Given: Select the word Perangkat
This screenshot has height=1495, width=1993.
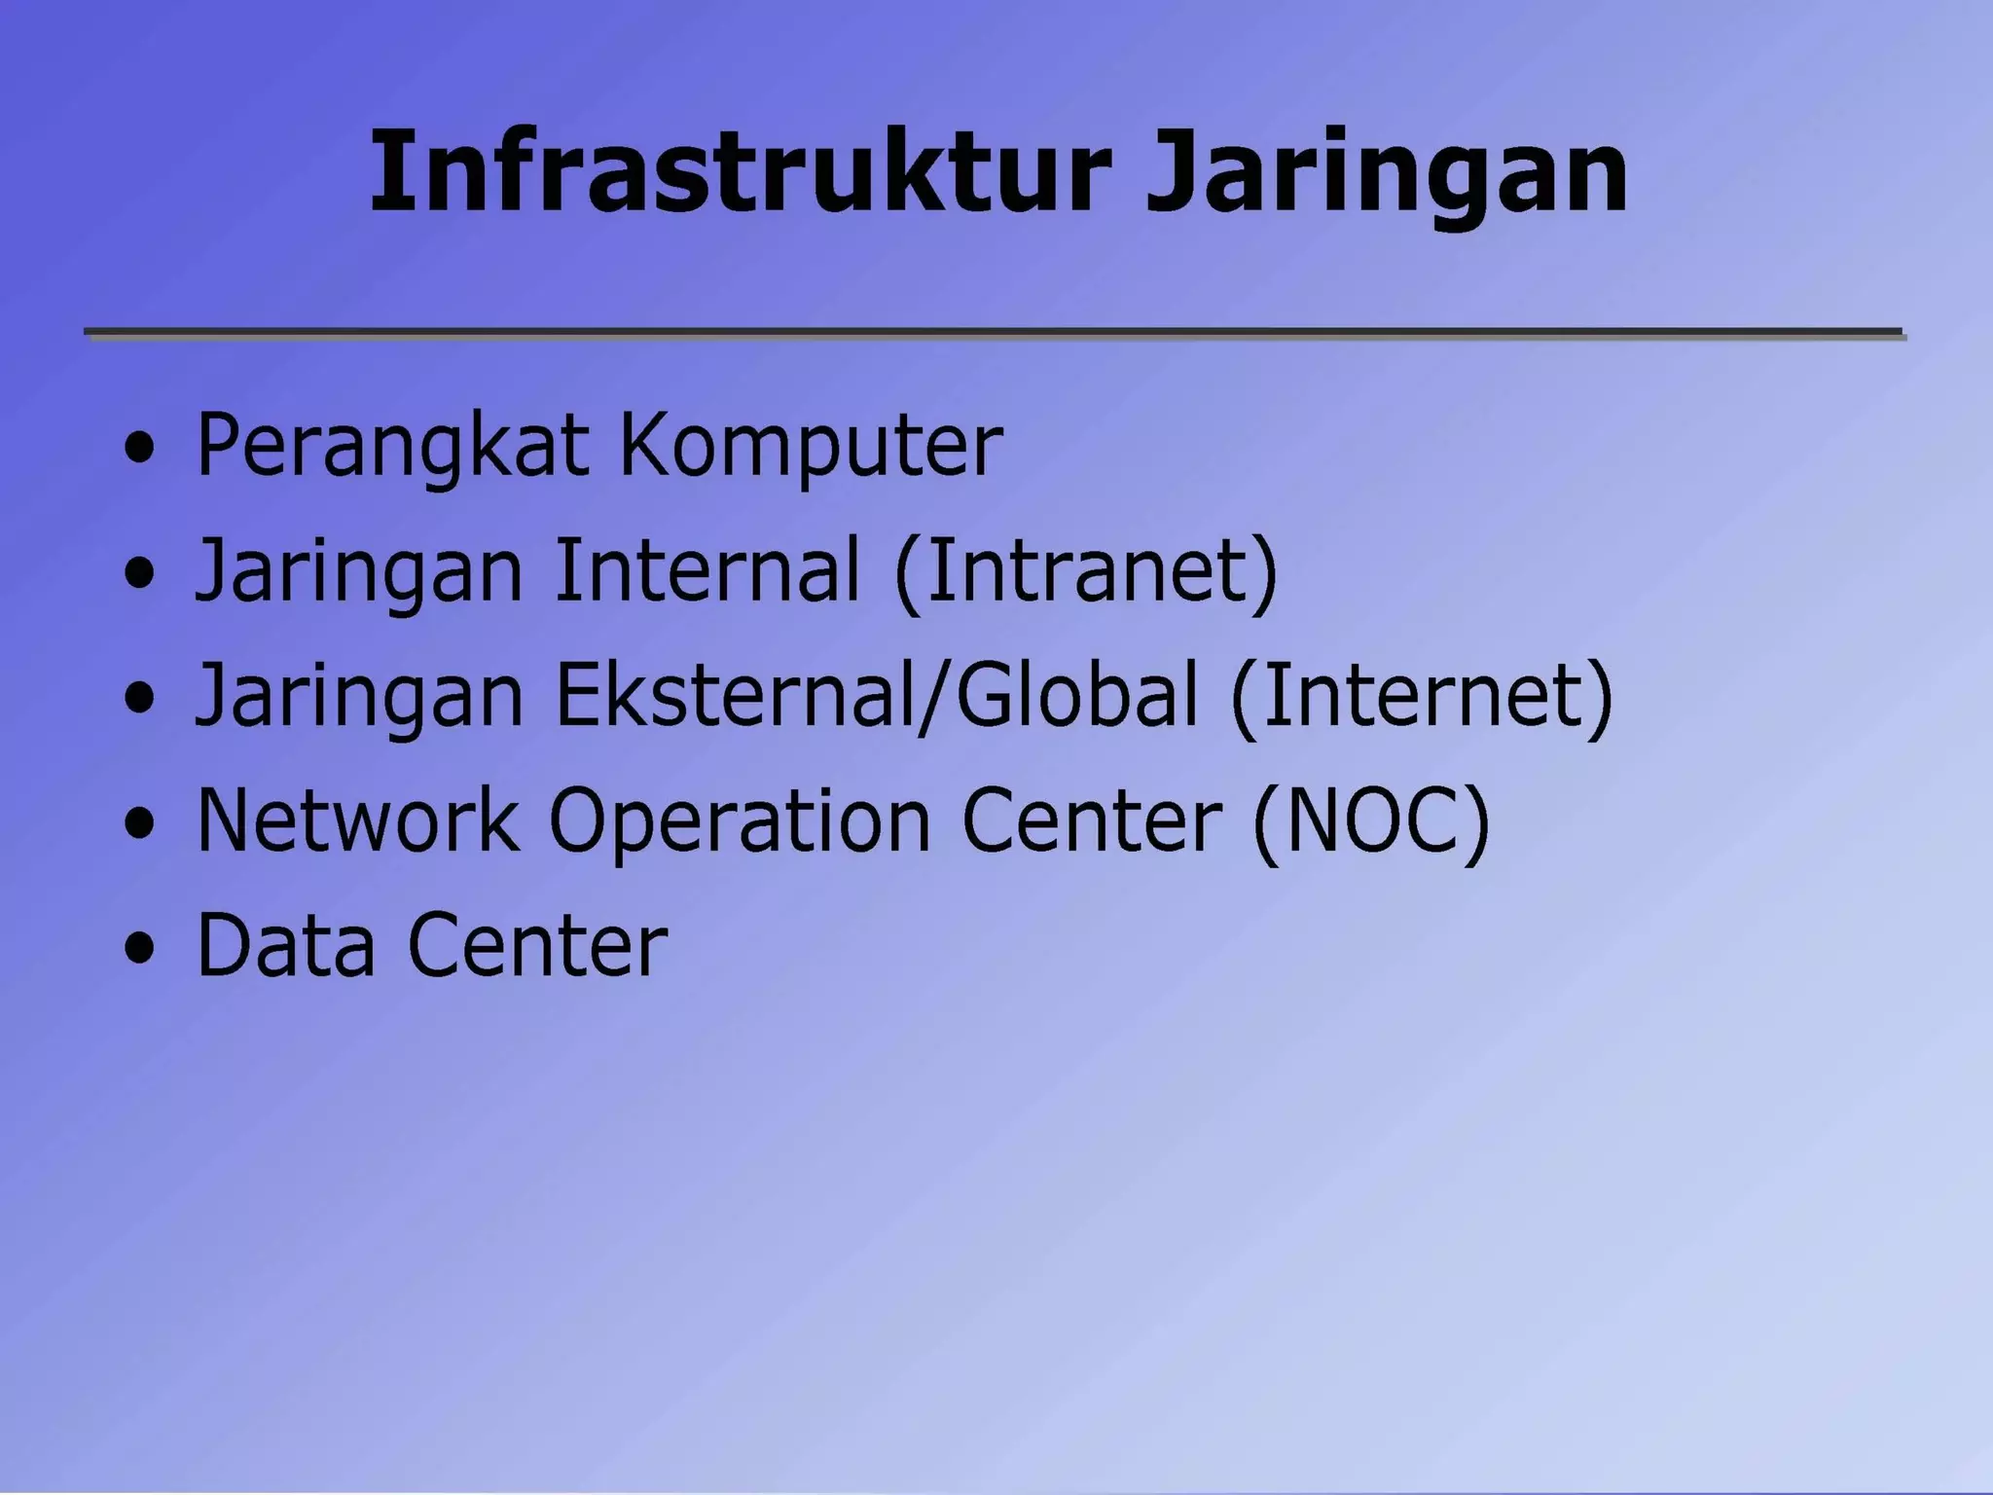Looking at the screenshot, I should [x=392, y=446].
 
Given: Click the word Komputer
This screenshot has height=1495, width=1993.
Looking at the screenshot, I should [x=811, y=446].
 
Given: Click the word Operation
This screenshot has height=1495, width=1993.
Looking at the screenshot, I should [x=740, y=822].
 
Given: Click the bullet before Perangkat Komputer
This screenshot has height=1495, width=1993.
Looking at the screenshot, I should [x=140, y=450].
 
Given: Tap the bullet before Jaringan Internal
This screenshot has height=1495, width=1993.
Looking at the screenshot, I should [x=140, y=574].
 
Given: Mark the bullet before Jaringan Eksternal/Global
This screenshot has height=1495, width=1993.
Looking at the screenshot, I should [x=140, y=699].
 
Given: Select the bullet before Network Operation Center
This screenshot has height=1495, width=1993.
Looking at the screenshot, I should [x=140, y=823].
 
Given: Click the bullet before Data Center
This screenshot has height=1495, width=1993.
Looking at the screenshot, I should [x=140, y=948].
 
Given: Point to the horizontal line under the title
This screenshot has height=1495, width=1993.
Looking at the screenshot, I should [x=993, y=333].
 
